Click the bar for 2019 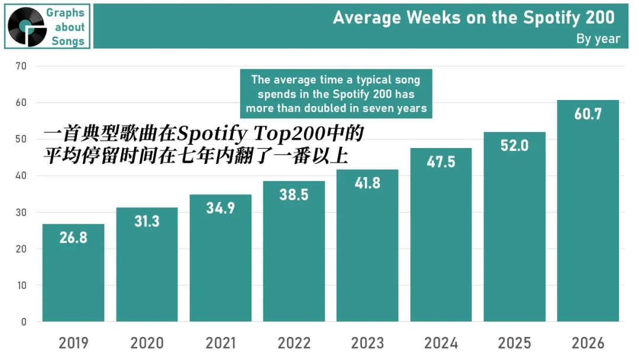pyautogui.click(x=73, y=273)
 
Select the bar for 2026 pyautogui.click(x=588, y=211)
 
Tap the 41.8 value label pyautogui.click(x=367, y=183)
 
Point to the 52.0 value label pyautogui.click(x=514, y=146)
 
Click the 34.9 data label pyautogui.click(x=221, y=208)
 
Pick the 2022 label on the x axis pyautogui.click(x=294, y=343)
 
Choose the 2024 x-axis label pyautogui.click(x=441, y=343)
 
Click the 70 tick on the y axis pyautogui.click(x=21, y=66)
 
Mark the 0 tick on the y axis pyautogui.click(x=24, y=322)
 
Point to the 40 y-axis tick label pyautogui.click(x=21, y=176)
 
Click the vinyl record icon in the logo pyautogui.click(x=27, y=27)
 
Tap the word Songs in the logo pyautogui.click(x=68, y=41)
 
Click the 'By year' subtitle pyautogui.click(x=598, y=38)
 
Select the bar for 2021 pyautogui.click(x=221, y=258)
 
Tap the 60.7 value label pyautogui.click(x=588, y=114)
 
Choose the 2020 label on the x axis pyautogui.click(x=147, y=343)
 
